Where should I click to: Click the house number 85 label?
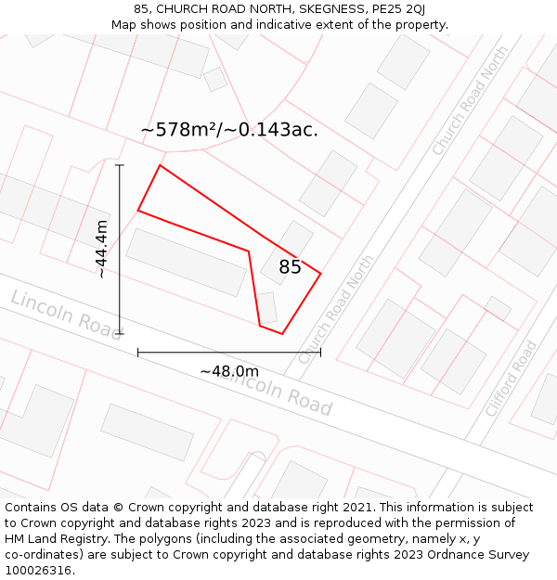[x=290, y=267]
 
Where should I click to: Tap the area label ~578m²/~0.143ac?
[x=229, y=130]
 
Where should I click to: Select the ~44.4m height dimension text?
[x=101, y=249]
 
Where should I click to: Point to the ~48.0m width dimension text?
[x=229, y=371]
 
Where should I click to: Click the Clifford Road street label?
[x=512, y=379]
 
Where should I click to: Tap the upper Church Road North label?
[x=471, y=100]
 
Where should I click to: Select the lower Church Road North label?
[x=336, y=309]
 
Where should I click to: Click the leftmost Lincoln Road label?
[x=66, y=314]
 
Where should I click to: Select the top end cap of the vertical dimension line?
[x=120, y=165]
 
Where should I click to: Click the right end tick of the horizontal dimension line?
[x=320, y=353]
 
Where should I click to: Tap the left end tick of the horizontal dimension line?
[x=138, y=353]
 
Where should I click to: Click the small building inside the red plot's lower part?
[x=267, y=308]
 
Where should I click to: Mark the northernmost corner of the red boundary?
[x=161, y=165]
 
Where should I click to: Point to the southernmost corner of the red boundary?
[x=282, y=334]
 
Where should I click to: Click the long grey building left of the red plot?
[x=187, y=262]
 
